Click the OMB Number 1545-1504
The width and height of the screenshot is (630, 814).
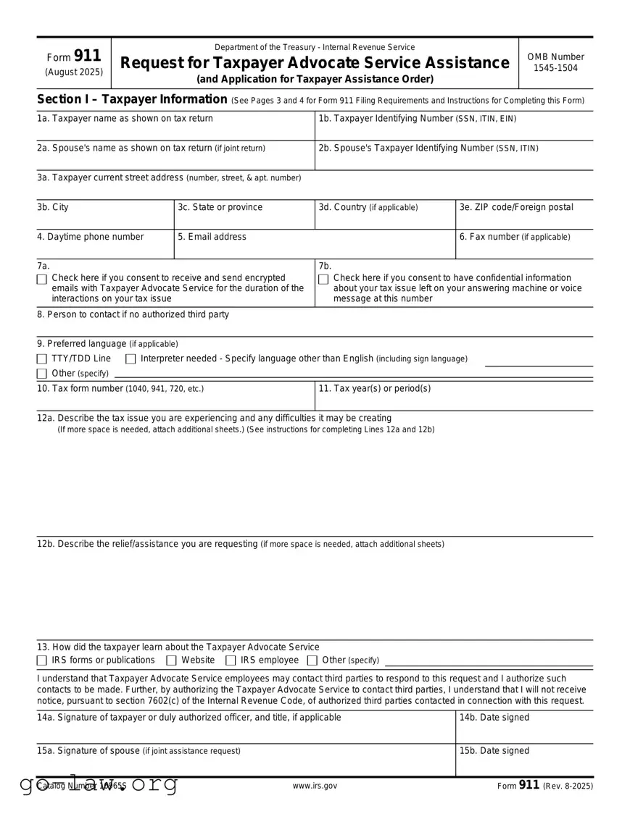555,63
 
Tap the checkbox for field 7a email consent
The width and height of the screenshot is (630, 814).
42,279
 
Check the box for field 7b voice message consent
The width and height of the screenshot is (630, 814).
323,279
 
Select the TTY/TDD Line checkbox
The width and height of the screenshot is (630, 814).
42,359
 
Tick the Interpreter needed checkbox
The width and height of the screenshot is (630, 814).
130,359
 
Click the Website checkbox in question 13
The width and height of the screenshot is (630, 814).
171,660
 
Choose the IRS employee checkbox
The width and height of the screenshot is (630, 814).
231,660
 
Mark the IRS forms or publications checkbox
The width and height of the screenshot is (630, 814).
42,660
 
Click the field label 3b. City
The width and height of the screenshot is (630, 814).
53,207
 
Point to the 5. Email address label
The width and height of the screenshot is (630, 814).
212,237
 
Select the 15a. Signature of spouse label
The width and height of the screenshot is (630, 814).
138,751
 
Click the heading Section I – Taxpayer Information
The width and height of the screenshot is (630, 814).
132,99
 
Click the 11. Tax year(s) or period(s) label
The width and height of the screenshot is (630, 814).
375,388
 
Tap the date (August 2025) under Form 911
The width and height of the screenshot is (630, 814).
74,72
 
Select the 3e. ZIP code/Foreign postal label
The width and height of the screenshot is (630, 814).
516,207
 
